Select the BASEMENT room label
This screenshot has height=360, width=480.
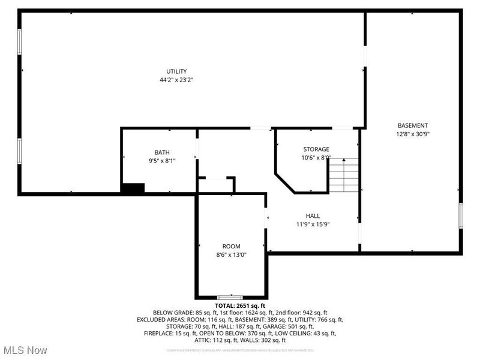point(413,125)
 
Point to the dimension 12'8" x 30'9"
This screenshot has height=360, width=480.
point(413,134)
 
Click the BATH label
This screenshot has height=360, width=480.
point(162,152)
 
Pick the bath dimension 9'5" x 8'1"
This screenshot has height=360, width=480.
point(162,161)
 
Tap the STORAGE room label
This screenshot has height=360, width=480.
point(316,149)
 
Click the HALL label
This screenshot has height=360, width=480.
point(313,216)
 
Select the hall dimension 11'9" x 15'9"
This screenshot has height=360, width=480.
point(313,224)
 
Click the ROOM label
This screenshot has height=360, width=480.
point(231,247)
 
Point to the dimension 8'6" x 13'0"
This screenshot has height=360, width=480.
point(231,255)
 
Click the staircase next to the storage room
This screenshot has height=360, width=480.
point(343,175)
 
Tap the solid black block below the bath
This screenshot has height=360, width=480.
point(133,188)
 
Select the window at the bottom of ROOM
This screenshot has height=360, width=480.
point(230,298)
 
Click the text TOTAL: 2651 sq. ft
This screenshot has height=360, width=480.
point(240,306)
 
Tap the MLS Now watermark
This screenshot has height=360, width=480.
point(25,350)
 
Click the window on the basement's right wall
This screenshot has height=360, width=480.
point(461,217)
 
